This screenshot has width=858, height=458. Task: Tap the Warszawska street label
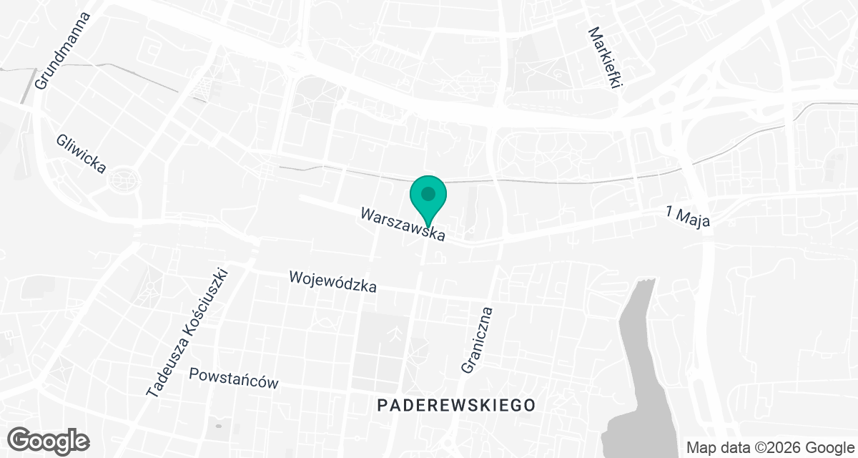point(403,224)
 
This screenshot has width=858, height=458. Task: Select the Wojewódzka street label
point(332,281)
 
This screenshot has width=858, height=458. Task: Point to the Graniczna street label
point(478,340)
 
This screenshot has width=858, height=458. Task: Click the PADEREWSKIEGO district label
point(456,405)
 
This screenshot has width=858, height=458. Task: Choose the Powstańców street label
point(233,378)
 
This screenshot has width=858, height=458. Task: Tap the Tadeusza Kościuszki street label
point(187,333)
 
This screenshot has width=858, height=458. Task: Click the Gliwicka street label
point(82,154)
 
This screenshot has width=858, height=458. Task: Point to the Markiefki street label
point(605,57)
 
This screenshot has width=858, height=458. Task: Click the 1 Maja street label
point(688,216)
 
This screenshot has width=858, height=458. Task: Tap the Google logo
point(48,440)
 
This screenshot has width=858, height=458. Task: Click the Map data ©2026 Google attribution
point(770,447)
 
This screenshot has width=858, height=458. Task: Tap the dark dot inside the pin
point(428,193)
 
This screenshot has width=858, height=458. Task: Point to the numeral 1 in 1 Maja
point(670,211)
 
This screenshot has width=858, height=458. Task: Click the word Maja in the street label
point(695,218)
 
